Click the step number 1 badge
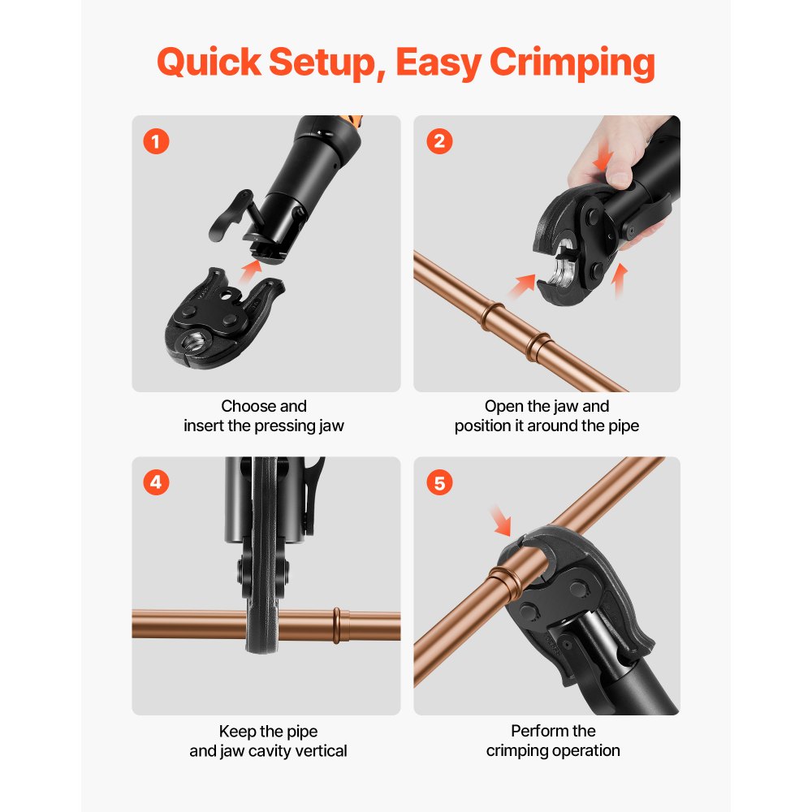pos(156,142)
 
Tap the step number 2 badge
pos(439,142)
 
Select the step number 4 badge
pos(156,483)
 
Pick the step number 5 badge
pos(439,483)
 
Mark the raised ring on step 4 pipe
pos(335,624)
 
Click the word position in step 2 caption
pos(482,426)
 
